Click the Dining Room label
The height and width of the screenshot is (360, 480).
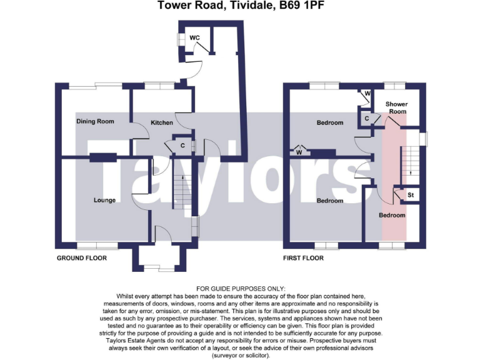(x=95, y=121)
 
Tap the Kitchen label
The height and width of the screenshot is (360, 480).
(x=161, y=122)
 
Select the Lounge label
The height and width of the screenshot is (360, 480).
(x=104, y=201)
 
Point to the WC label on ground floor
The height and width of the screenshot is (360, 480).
(x=194, y=38)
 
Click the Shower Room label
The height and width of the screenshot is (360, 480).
(x=396, y=107)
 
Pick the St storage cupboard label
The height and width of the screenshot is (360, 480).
(x=411, y=196)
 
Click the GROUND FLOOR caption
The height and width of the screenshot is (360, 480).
(x=82, y=258)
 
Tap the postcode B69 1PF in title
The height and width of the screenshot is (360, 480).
(x=302, y=6)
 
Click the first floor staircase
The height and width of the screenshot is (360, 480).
(x=410, y=159)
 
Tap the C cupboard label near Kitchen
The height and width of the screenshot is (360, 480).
(x=182, y=146)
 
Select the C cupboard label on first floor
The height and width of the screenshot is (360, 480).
(x=366, y=117)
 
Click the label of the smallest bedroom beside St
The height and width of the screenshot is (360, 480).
(x=392, y=215)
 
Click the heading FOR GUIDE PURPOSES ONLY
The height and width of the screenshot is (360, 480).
(x=239, y=287)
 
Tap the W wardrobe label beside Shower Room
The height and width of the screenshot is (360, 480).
(x=367, y=94)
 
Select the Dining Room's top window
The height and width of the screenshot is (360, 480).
(x=94, y=85)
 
